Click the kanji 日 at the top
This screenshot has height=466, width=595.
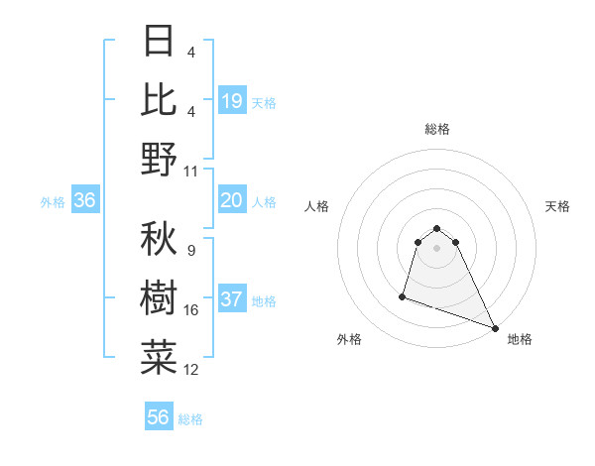coord(159,41)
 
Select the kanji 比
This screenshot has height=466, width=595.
coord(159,99)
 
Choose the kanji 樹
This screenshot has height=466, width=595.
coord(159,296)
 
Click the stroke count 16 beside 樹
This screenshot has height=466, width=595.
coord(191,310)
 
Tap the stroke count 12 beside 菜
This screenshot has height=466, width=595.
coord(191,370)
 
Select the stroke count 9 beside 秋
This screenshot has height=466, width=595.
coord(190,251)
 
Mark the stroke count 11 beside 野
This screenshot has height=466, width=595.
coord(191,172)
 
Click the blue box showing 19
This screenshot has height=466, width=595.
coord(232,101)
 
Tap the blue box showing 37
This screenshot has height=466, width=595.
coord(232,300)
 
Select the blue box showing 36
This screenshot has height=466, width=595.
coord(85,201)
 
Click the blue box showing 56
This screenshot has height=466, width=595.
coord(159,417)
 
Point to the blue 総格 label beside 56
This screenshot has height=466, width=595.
coord(190,419)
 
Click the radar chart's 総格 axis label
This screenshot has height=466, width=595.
coord(437,129)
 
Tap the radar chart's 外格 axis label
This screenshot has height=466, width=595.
coord(349,340)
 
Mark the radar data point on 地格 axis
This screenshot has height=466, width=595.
coord(495,328)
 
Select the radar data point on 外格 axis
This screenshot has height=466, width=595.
coord(403,295)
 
